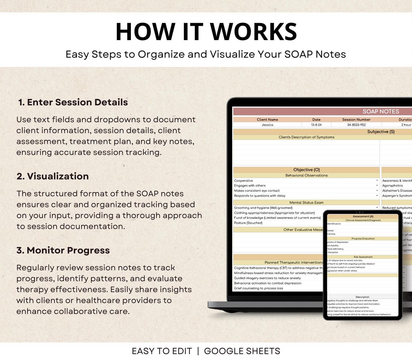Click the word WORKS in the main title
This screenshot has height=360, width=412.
[x=253, y=32]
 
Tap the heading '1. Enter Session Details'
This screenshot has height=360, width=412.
[x=73, y=102]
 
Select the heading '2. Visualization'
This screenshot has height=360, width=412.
[x=53, y=176]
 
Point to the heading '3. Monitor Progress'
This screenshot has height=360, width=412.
[x=63, y=250]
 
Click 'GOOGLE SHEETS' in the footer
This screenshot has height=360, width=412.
[x=242, y=351]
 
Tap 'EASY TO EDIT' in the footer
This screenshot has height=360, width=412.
[x=162, y=351]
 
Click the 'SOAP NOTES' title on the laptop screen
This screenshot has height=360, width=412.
[x=381, y=112]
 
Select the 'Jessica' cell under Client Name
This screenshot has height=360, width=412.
[x=267, y=125]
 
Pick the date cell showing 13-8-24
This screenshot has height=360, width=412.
[x=316, y=125]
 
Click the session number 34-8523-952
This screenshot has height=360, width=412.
[x=356, y=125]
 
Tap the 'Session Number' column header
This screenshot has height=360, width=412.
[x=356, y=120]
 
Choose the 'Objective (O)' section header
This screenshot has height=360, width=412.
[x=306, y=170]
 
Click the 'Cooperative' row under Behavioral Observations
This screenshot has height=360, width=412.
[x=244, y=181]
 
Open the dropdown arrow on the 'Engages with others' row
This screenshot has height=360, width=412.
[x=377, y=186]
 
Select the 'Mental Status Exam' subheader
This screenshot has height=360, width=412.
[x=306, y=203]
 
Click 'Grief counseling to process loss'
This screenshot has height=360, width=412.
[x=258, y=288]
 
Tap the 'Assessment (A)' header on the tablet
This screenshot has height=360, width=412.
[x=363, y=216]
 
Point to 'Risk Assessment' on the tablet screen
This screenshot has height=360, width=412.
[x=363, y=257]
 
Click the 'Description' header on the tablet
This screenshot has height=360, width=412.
[x=362, y=297]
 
